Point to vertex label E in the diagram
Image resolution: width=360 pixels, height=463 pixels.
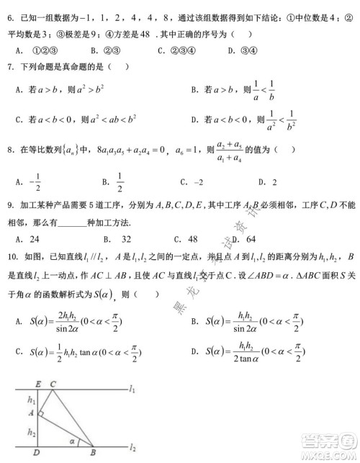(x=37, y=385)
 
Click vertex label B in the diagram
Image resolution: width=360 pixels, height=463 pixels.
(x=92, y=452)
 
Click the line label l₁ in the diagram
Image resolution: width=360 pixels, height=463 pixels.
(x=132, y=390)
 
